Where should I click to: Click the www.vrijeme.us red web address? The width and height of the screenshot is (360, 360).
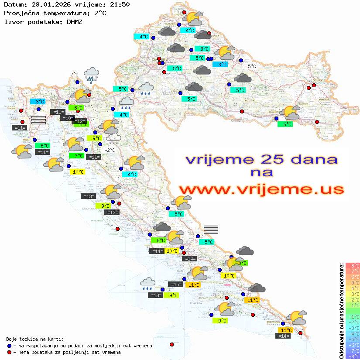pos(261,189)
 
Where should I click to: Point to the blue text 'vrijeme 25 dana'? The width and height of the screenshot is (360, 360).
pos(261,159)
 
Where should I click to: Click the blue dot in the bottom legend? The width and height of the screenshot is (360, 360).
pos(9,346)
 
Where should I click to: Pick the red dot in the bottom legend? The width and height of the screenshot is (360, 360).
pos(9,352)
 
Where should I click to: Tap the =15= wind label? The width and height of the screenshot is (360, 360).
pos(176,285)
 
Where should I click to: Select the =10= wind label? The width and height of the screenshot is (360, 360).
pos(67,118)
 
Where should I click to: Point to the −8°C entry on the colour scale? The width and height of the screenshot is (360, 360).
pos(353,356)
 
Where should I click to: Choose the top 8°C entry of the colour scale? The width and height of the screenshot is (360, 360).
pos(353,265)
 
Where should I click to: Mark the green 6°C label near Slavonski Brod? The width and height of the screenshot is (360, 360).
pos(285,124)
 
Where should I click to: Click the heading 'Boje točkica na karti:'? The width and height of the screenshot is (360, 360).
pos(35,339)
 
